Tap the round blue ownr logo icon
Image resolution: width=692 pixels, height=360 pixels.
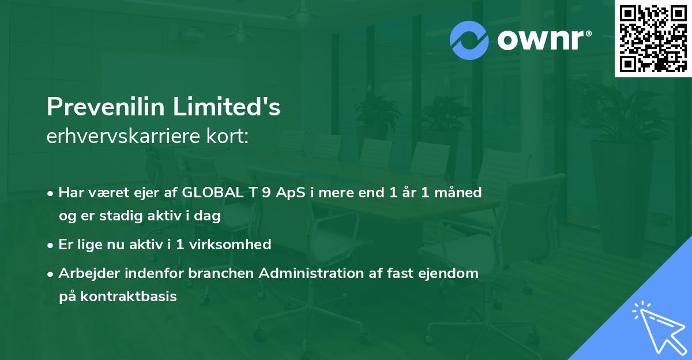[x=469, y=40]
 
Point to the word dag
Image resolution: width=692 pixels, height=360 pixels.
[x=208, y=216]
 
